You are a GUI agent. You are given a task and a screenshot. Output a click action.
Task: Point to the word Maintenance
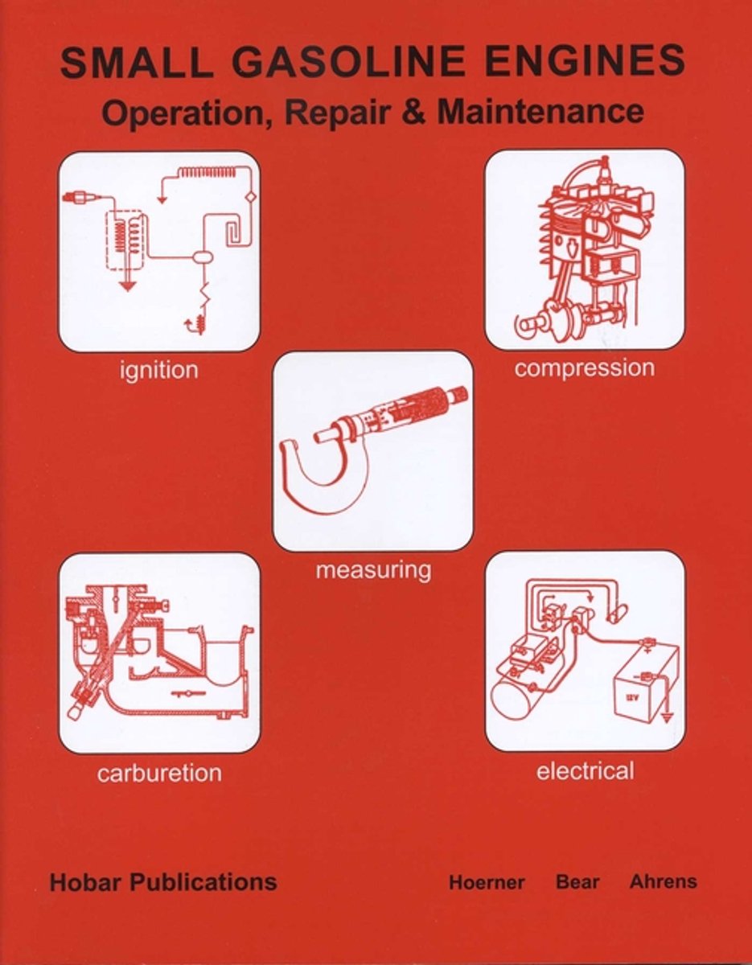click(x=540, y=112)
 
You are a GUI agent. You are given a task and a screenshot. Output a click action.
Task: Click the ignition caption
click(x=158, y=371)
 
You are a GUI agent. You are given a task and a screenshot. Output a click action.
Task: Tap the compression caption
click(x=585, y=369)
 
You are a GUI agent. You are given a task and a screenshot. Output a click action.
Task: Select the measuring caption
click(x=373, y=570)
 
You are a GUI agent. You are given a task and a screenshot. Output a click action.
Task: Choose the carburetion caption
click(x=159, y=774)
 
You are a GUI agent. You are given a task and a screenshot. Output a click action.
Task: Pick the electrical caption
click(x=585, y=771)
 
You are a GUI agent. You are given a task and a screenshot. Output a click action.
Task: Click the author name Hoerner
click(x=487, y=882)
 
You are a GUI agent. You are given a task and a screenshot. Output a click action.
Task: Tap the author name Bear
click(x=577, y=881)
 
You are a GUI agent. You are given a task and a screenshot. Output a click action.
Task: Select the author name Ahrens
click(x=663, y=881)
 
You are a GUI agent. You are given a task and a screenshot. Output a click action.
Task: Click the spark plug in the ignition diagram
click(x=79, y=198)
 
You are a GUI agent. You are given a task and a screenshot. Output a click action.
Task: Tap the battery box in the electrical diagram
click(x=645, y=684)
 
